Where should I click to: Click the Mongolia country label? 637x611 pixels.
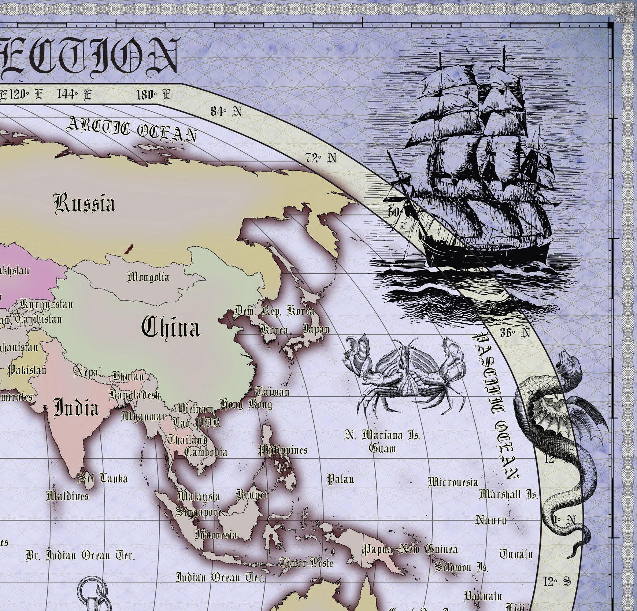coord(148,277)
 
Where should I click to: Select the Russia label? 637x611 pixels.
coord(85,203)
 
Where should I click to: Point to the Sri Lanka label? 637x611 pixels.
coord(103,478)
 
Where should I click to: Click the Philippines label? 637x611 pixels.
coord(283,450)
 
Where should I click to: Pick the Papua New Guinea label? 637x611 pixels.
coord(410,549)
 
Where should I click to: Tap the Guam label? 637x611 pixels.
coord(382,448)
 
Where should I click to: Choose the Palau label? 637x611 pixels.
coord(340,479)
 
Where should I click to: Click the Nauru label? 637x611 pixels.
coord(491,520)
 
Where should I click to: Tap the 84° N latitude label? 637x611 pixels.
coord(226,111)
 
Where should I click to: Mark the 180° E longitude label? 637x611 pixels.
coord(153,95)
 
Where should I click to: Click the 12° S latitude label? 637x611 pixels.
coord(557,581)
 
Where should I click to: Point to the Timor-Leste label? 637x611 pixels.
coord(306,563)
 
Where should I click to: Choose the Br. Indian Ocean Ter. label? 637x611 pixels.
coord(80,556)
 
